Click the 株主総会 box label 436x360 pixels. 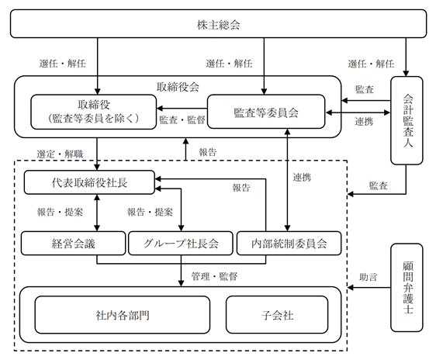(x=218, y=25)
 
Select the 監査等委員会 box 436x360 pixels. (x=266, y=112)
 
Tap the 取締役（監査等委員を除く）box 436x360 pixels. (x=93, y=112)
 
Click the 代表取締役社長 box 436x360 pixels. (x=89, y=182)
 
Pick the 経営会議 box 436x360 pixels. (x=73, y=244)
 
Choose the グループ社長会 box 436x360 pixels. (x=181, y=244)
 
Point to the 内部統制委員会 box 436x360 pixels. (x=289, y=244)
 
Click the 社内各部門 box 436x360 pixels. (x=123, y=315)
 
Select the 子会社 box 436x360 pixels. (x=277, y=315)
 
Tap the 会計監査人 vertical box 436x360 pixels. (x=407, y=120)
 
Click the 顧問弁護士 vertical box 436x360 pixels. (x=407, y=288)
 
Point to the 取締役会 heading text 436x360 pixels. (x=178, y=87)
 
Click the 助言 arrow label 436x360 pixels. (x=369, y=277)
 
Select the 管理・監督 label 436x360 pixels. (x=214, y=276)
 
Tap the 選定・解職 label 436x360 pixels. (x=60, y=154)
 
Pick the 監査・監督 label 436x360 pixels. (x=182, y=119)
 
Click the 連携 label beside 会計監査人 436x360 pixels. (x=364, y=122)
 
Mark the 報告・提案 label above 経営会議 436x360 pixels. (x=60, y=212)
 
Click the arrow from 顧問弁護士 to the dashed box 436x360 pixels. (x=369, y=288)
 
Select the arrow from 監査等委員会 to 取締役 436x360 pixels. (x=182, y=108)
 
